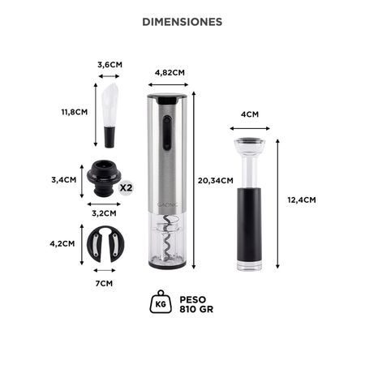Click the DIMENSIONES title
[x=182, y=22]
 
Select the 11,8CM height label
[x=74, y=111]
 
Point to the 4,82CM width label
[x=170, y=72]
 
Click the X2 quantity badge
[x=126, y=187]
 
